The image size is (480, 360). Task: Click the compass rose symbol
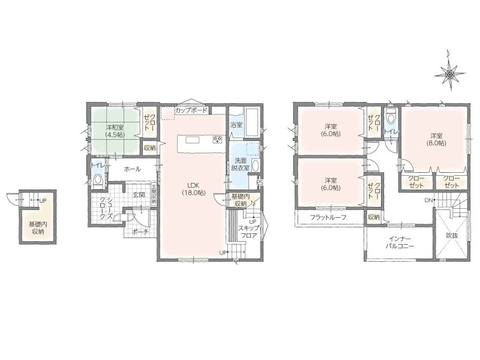click(449, 74)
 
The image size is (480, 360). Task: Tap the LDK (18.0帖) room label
click(193, 189)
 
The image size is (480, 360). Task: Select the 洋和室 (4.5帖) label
click(115, 131)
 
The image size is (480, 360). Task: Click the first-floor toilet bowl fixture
click(98, 180)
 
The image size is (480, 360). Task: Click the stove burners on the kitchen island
click(218, 140)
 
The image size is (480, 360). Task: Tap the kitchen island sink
click(193, 140)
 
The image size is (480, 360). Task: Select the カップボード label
click(191, 110)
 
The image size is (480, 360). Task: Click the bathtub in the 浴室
click(253, 122)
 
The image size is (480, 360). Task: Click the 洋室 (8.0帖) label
click(436, 139)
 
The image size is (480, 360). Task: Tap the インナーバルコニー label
click(400, 242)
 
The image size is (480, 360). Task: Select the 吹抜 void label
click(452, 236)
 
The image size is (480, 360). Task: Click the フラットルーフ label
click(328, 218)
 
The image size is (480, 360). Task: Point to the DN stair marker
click(428, 200)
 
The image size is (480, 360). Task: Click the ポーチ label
click(140, 232)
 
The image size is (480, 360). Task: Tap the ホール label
click(132, 169)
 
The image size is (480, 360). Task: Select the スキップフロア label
click(248, 232)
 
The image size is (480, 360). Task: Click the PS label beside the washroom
click(260, 183)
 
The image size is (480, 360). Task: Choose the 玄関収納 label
click(154, 193)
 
